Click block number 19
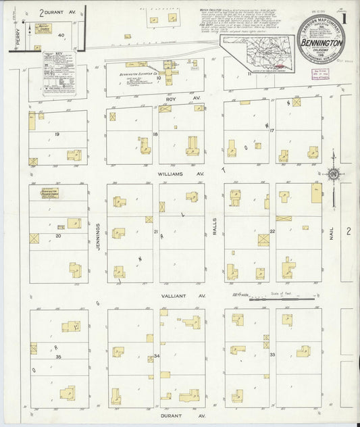58,134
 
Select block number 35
59,356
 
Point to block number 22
272,232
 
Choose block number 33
272,354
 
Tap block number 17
272,130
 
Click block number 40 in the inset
61,34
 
